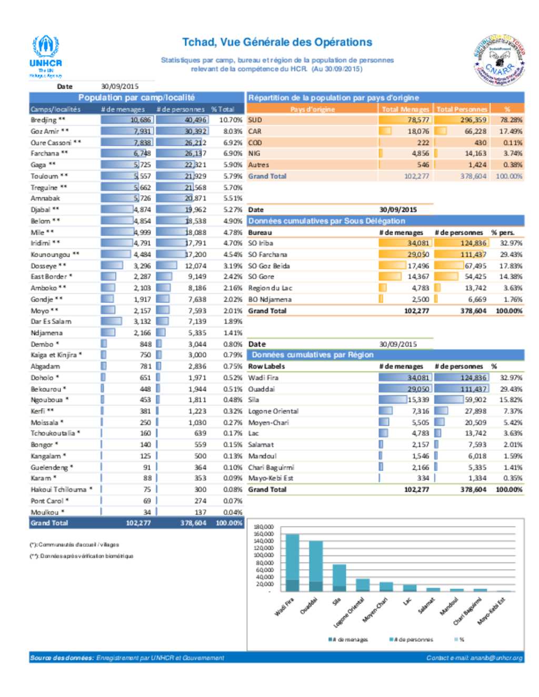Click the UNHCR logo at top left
pos(46,55)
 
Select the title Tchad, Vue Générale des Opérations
pos(277,42)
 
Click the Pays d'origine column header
pos(312,109)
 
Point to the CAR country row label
pos(255,131)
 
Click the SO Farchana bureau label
pos(268,255)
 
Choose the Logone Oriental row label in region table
pos(273,411)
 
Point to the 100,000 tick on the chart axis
pos(264,555)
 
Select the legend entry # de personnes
pos(413,640)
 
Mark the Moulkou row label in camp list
pos(45,512)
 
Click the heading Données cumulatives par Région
pos(313,355)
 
